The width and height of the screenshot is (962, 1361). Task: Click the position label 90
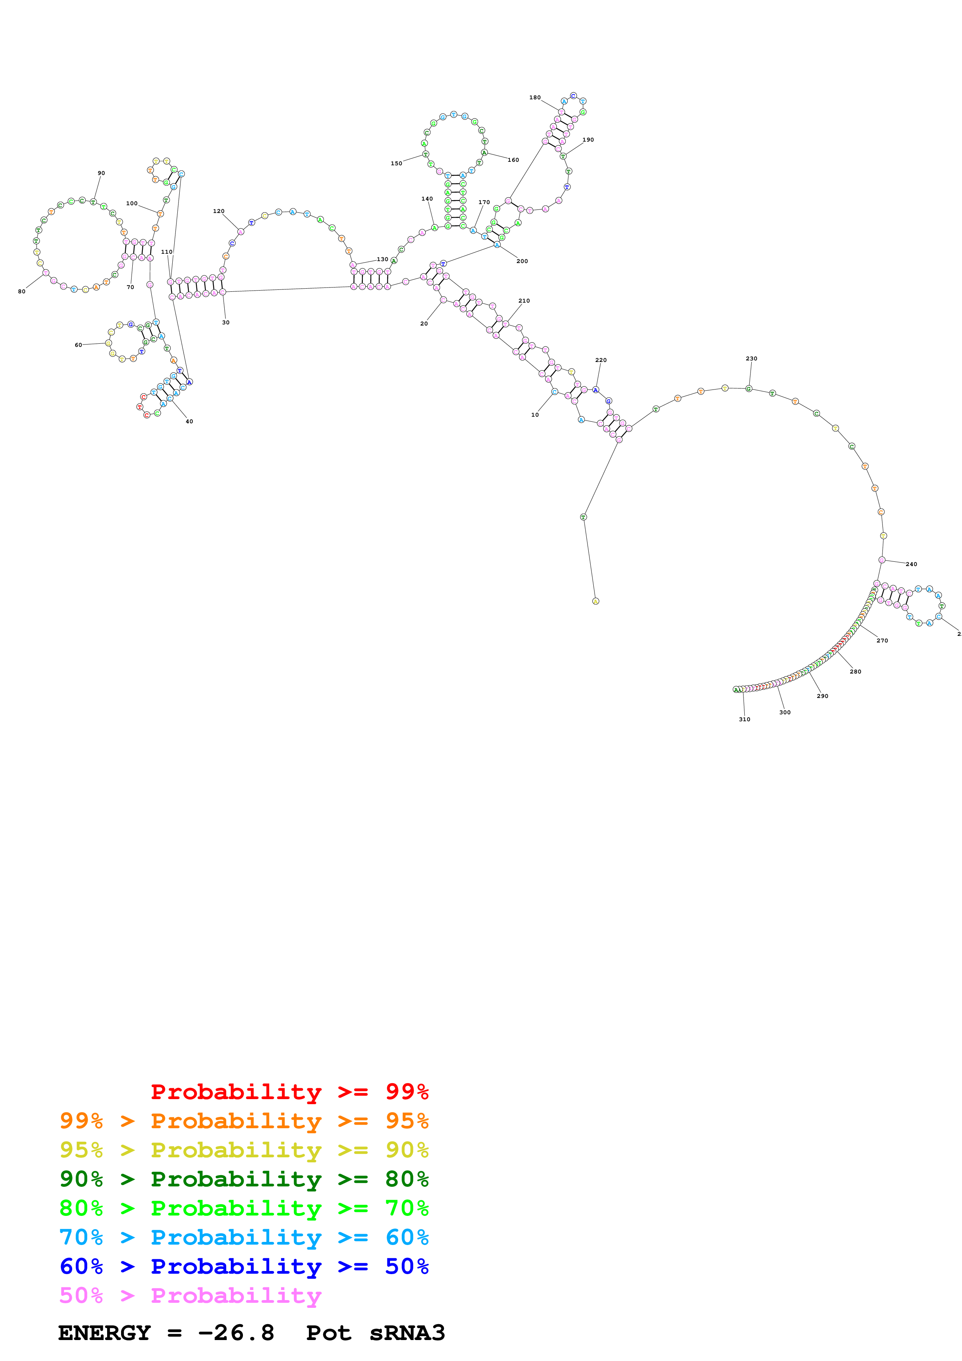(x=101, y=173)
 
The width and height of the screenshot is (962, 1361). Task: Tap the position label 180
(x=535, y=98)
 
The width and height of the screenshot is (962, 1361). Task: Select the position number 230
(x=751, y=358)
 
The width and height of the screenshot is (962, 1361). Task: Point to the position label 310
(x=744, y=719)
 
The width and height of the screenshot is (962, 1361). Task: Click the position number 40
(x=189, y=421)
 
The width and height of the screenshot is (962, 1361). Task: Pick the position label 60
(x=78, y=345)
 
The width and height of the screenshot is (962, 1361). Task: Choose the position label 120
(x=219, y=211)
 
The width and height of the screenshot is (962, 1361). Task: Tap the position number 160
(x=513, y=160)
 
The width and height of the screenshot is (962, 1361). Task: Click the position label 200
(x=522, y=261)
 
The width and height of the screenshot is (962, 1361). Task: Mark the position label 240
(x=912, y=564)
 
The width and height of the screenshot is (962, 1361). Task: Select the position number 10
(x=535, y=415)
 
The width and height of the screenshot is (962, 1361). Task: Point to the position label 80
(x=22, y=292)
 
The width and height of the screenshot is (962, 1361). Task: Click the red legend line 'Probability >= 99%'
(x=289, y=1091)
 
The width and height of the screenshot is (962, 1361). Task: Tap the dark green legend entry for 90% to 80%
(x=244, y=1179)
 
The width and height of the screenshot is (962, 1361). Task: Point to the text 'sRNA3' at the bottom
(x=407, y=1333)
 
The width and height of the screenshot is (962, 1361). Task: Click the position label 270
(x=882, y=641)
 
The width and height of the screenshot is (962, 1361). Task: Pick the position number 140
(x=427, y=199)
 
